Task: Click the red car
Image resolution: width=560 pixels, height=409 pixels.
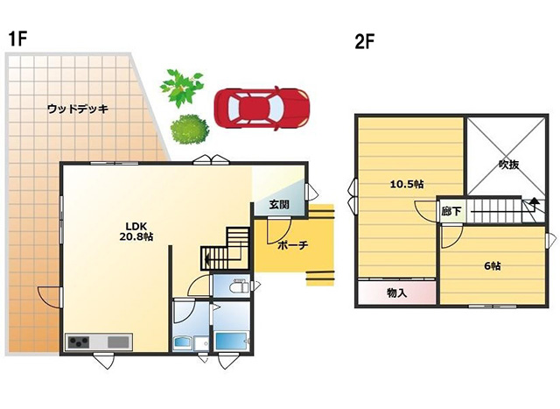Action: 262,108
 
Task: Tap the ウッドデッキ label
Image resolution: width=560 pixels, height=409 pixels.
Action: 78,109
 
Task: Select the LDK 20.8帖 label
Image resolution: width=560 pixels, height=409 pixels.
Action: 136,231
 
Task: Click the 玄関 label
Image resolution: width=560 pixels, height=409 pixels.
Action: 279,205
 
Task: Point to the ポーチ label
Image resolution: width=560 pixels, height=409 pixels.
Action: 292,245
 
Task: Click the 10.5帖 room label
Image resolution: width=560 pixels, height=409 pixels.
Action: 407,184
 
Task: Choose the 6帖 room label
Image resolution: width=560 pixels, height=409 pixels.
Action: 492,266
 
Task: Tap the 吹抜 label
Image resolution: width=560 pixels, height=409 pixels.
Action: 508,165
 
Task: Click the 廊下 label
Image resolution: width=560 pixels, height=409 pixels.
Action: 451,211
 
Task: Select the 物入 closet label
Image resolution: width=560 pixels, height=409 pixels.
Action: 396,293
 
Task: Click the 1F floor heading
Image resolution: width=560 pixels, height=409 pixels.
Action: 17,39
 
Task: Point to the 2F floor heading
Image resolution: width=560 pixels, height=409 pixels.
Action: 365,42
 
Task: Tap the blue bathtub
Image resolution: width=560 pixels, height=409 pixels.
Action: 231,342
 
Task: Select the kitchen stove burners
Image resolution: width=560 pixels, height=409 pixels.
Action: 79,342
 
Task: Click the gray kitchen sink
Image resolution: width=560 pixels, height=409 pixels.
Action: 118,342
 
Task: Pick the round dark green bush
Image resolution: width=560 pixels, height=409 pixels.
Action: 189,130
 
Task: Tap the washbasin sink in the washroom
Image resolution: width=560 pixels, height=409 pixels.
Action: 183,343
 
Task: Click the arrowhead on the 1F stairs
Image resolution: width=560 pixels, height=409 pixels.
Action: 206,257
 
